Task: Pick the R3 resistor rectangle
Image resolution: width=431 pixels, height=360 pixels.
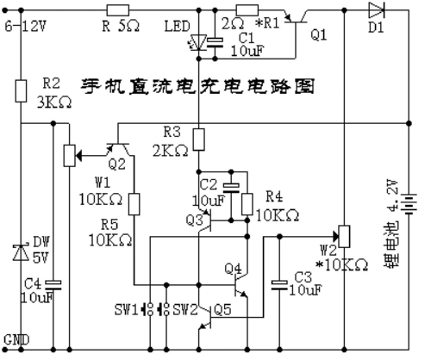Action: click(198, 138)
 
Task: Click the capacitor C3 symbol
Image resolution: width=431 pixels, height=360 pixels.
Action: click(278, 282)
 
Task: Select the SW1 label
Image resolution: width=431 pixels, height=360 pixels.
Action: click(127, 309)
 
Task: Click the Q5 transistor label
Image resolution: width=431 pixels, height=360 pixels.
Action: click(223, 309)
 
